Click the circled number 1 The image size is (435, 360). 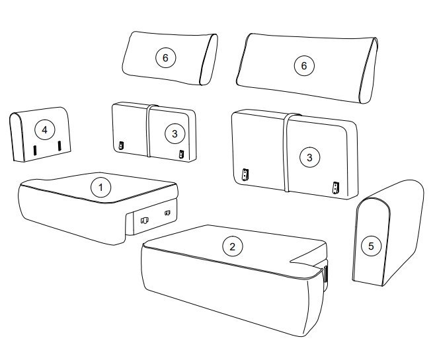(x=100, y=188)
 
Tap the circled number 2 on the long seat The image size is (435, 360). (x=233, y=246)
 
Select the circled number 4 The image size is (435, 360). (x=45, y=129)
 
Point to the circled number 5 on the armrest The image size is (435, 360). (x=371, y=246)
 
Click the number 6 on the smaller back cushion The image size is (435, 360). (x=166, y=57)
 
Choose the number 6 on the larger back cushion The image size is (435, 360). (x=304, y=65)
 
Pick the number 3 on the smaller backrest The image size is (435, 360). (x=175, y=134)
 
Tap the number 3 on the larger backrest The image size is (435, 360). (x=309, y=157)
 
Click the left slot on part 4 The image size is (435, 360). (x=35, y=151)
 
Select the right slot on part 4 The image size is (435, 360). (x=59, y=146)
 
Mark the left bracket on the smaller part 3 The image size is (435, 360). (x=121, y=145)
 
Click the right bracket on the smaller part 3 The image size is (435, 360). (x=181, y=154)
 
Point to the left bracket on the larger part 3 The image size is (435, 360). (x=245, y=174)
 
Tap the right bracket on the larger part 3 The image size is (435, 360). (x=336, y=188)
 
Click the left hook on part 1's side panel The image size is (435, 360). (x=144, y=221)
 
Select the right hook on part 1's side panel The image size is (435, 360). (x=167, y=213)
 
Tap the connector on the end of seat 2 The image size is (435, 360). (x=325, y=275)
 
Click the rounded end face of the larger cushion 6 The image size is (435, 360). (x=369, y=71)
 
